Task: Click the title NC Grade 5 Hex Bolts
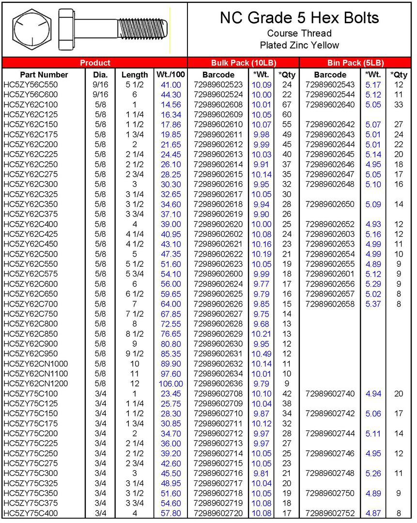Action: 299,18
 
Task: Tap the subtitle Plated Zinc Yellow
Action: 299,45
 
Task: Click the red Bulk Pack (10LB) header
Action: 243,62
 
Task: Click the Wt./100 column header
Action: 170,75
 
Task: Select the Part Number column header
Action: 44,75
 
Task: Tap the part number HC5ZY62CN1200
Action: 35,384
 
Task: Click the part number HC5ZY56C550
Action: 31,85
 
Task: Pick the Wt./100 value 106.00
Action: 170,384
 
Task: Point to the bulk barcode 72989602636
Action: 218,384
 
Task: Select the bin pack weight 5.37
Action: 373,304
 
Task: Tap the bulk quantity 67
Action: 287,105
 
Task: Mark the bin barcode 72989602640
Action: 330,105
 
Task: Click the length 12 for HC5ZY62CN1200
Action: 135,384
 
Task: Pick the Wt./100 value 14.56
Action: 170,105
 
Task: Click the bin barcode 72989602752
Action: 330,513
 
